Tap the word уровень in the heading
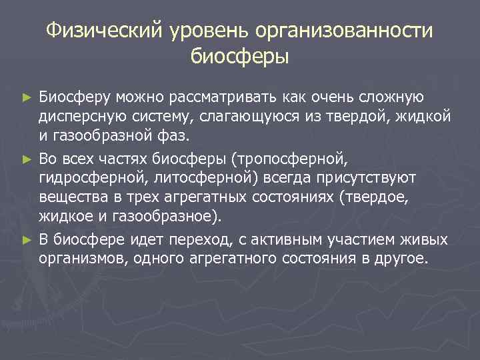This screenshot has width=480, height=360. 198,31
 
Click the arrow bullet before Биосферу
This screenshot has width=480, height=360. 27,98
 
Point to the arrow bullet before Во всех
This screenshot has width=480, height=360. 27,159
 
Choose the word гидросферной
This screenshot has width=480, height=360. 95,178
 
